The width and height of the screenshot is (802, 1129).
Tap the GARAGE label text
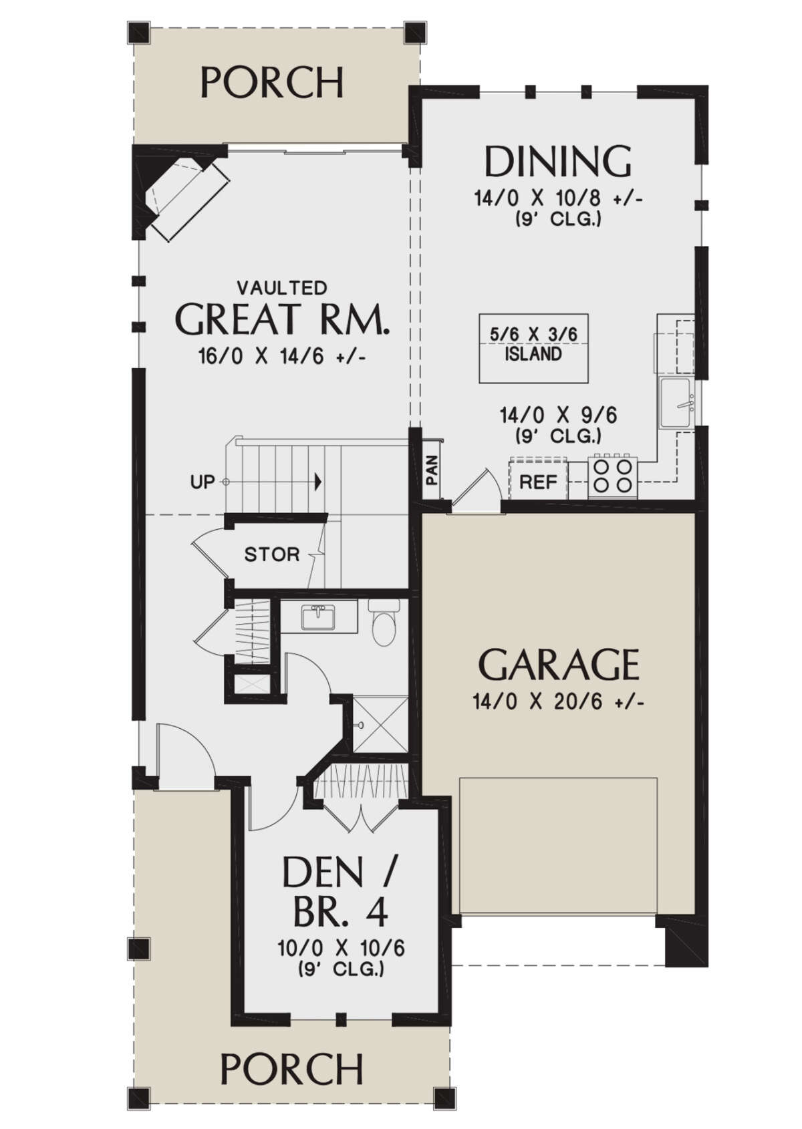(x=559, y=665)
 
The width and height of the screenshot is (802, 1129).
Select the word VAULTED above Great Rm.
(x=282, y=288)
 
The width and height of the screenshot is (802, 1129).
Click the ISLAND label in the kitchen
(x=533, y=354)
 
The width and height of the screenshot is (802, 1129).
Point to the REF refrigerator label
(x=539, y=482)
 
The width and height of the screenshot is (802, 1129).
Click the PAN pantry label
(x=432, y=471)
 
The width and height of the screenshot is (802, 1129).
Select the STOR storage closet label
(x=272, y=555)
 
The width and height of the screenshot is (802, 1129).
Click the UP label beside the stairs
(x=203, y=482)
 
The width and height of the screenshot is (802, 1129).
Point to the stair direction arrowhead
(x=318, y=482)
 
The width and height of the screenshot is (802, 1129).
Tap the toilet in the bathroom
(x=384, y=623)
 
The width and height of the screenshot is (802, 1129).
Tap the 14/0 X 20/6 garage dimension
(x=558, y=701)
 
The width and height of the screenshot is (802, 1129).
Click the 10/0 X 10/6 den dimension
(x=342, y=949)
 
